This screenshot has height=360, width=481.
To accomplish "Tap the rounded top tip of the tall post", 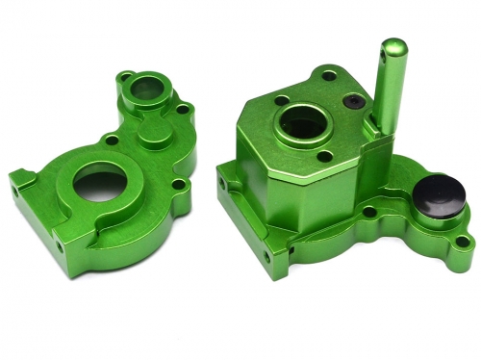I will click(394, 47).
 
